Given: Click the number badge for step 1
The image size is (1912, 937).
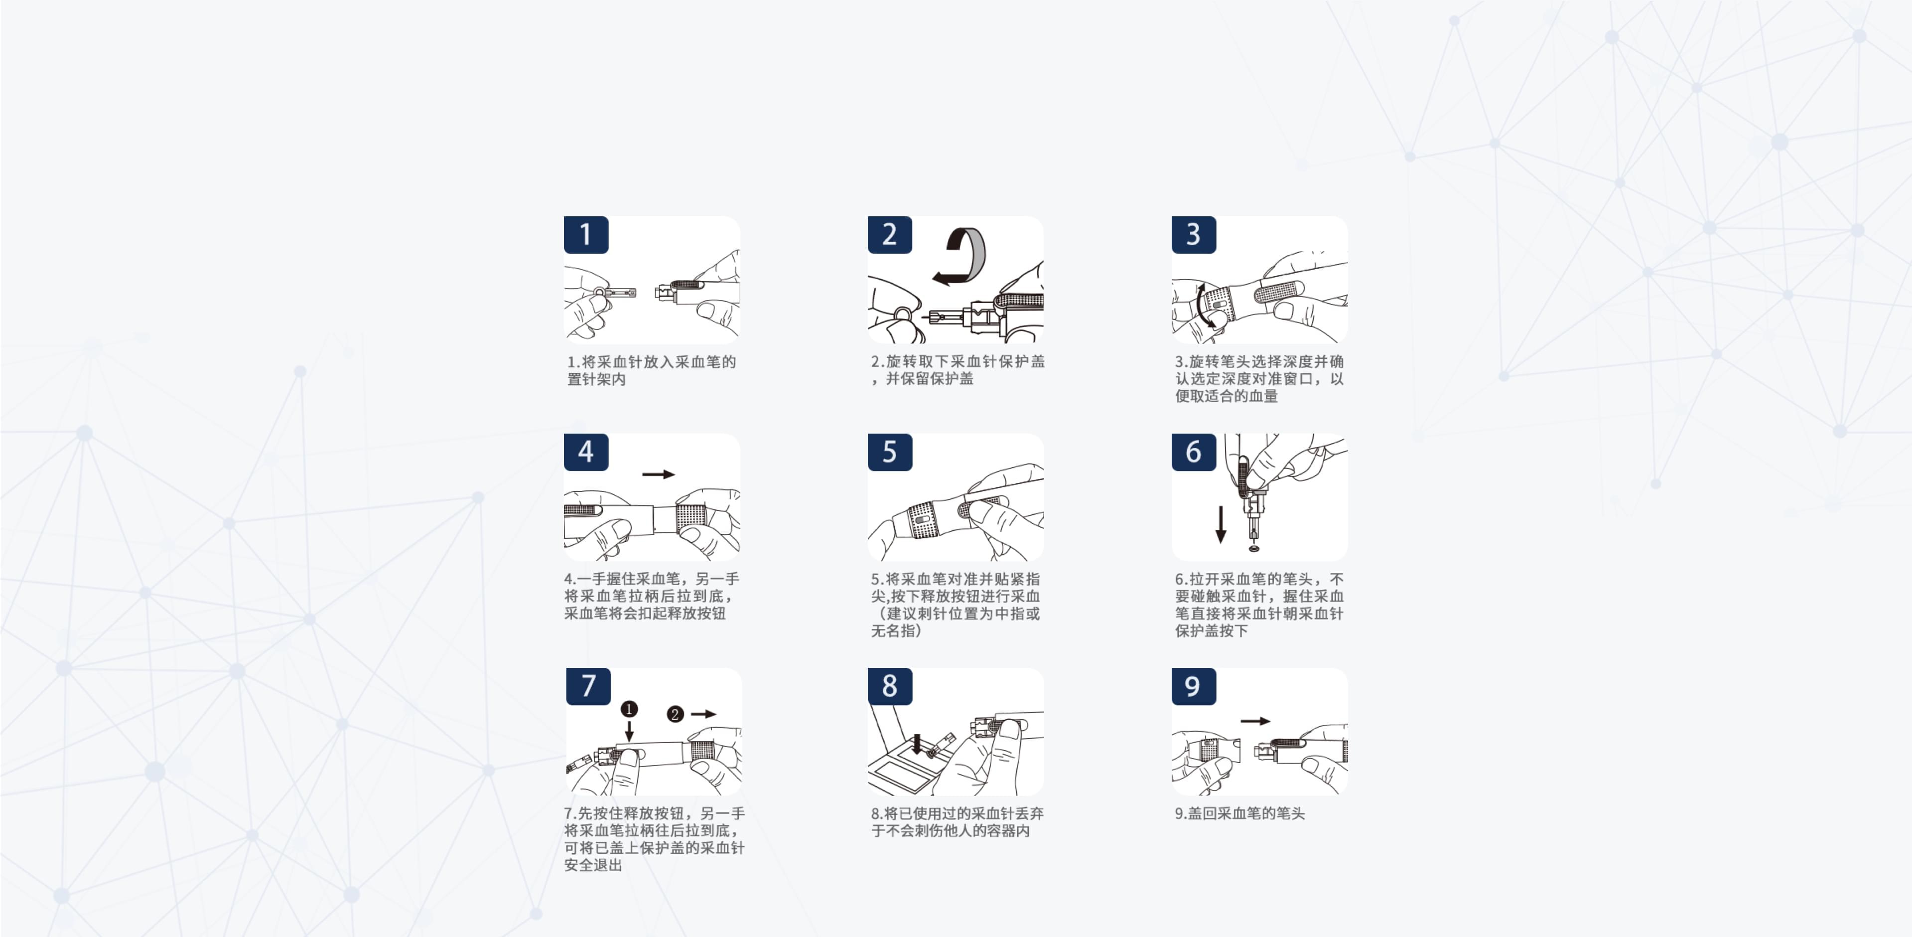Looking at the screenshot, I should coord(586,235).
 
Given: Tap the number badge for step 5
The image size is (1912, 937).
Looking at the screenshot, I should coord(889,452).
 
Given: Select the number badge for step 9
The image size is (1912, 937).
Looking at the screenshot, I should coord(1193,686).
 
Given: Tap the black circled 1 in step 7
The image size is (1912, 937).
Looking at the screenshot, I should coord(629,709).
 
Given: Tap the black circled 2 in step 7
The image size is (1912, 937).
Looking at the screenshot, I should coord(675,714).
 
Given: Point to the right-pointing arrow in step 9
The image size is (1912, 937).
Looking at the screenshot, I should coord(1255,721).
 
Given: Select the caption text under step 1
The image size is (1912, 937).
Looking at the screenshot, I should coord(651,370).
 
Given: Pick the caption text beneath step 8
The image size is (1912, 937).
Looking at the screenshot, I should coord(956,822).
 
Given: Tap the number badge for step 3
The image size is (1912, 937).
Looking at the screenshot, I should coord(1193,235).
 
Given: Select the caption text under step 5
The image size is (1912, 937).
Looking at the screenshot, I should coord(956,605).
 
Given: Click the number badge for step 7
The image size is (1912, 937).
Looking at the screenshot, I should coord(588,686).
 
